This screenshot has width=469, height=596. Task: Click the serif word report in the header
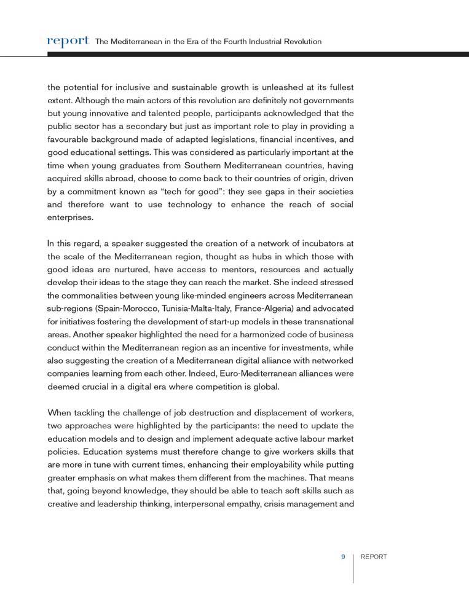coord(68,41)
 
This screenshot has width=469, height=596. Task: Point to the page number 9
coord(344,557)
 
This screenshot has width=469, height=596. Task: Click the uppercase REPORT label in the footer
coord(374,557)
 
